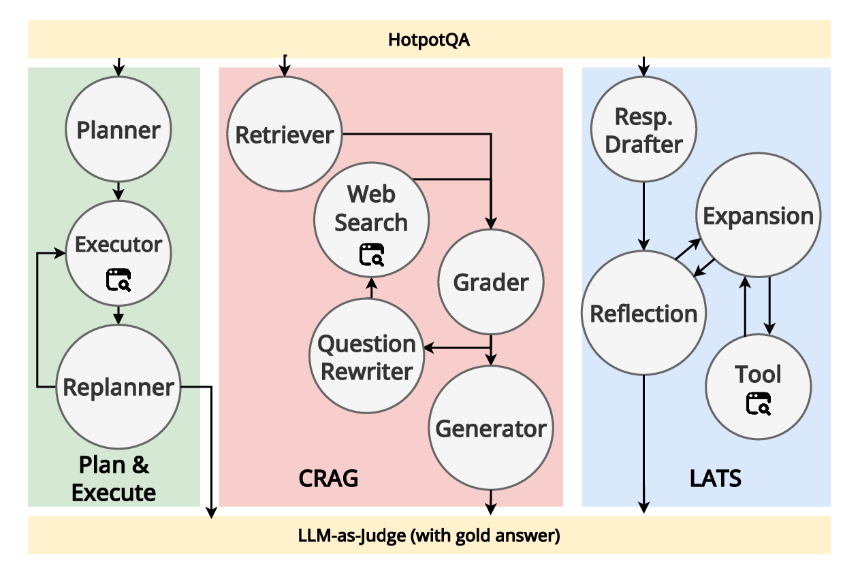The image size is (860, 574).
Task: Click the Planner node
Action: pyautogui.click(x=118, y=130)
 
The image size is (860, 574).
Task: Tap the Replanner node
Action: pyautogui.click(x=118, y=386)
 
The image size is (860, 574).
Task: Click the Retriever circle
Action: pyautogui.click(x=285, y=135)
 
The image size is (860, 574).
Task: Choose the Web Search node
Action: pyautogui.click(x=371, y=218)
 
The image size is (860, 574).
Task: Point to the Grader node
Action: pyautogui.click(x=491, y=282)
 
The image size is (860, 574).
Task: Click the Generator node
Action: pyautogui.click(x=490, y=428)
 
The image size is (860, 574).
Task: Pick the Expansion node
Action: pyautogui.click(x=758, y=216)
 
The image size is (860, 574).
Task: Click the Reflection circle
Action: pyautogui.click(x=643, y=314)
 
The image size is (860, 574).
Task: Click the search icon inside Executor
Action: pyautogui.click(x=118, y=280)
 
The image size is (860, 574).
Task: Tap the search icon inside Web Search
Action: pyautogui.click(x=371, y=254)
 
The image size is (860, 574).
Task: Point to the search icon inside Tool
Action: pyautogui.click(x=758, y=404)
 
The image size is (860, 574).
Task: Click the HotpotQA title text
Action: pyautogui.click(x=429, y=39)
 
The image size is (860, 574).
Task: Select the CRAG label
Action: pyautogui.click(x=328, y=478)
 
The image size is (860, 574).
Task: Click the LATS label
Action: pyautogui.click(x=716, y=478)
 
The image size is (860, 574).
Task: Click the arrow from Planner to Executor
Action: pyautogui.click(x=118, y=190)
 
